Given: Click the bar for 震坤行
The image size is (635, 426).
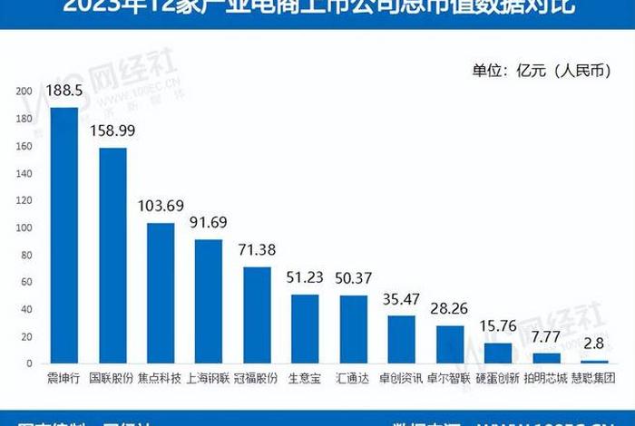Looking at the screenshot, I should point(63,236).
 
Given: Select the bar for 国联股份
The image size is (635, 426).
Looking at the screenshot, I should point(112,256).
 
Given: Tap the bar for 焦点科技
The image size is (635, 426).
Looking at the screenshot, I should point(161,294).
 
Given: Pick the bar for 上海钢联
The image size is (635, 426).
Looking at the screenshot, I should point(209,302).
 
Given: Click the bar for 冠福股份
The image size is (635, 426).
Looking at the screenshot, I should point(257,315).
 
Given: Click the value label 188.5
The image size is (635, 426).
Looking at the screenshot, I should point(64,91).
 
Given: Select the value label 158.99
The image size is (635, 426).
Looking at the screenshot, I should point(112,131).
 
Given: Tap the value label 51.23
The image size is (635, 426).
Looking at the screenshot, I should point(305,278).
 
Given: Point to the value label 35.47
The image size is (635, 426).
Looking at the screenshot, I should point(401,298).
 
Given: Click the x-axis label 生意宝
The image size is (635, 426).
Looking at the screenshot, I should point(305,375).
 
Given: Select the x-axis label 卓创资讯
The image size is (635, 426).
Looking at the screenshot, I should point(401,375).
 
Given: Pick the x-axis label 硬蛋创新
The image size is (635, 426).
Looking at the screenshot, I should point(498,375).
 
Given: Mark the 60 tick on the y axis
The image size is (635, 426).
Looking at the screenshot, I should point(26,282).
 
